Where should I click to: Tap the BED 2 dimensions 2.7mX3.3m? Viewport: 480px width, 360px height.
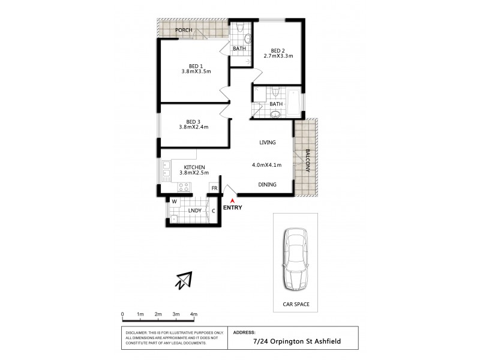click(x=278, y=56)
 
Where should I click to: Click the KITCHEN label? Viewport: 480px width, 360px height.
click(x=195, y=167)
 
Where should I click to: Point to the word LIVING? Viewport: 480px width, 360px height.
click(x=267, y=142)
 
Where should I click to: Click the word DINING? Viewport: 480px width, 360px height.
click(x=267, y=185)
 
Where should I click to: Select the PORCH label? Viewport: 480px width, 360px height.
click(x=183, y=29)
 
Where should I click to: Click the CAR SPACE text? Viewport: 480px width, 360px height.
click(x=296, y=305)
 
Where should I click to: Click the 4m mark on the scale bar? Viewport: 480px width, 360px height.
click(x=194, y=314)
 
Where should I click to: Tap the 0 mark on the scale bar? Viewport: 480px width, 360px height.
click(x=122, y=314)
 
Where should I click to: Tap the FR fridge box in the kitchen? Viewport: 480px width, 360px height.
click(x=214, y=188)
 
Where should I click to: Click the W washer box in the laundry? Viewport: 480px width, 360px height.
click(x=174, y=202)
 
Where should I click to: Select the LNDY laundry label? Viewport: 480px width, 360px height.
click(x=194, y=211)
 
